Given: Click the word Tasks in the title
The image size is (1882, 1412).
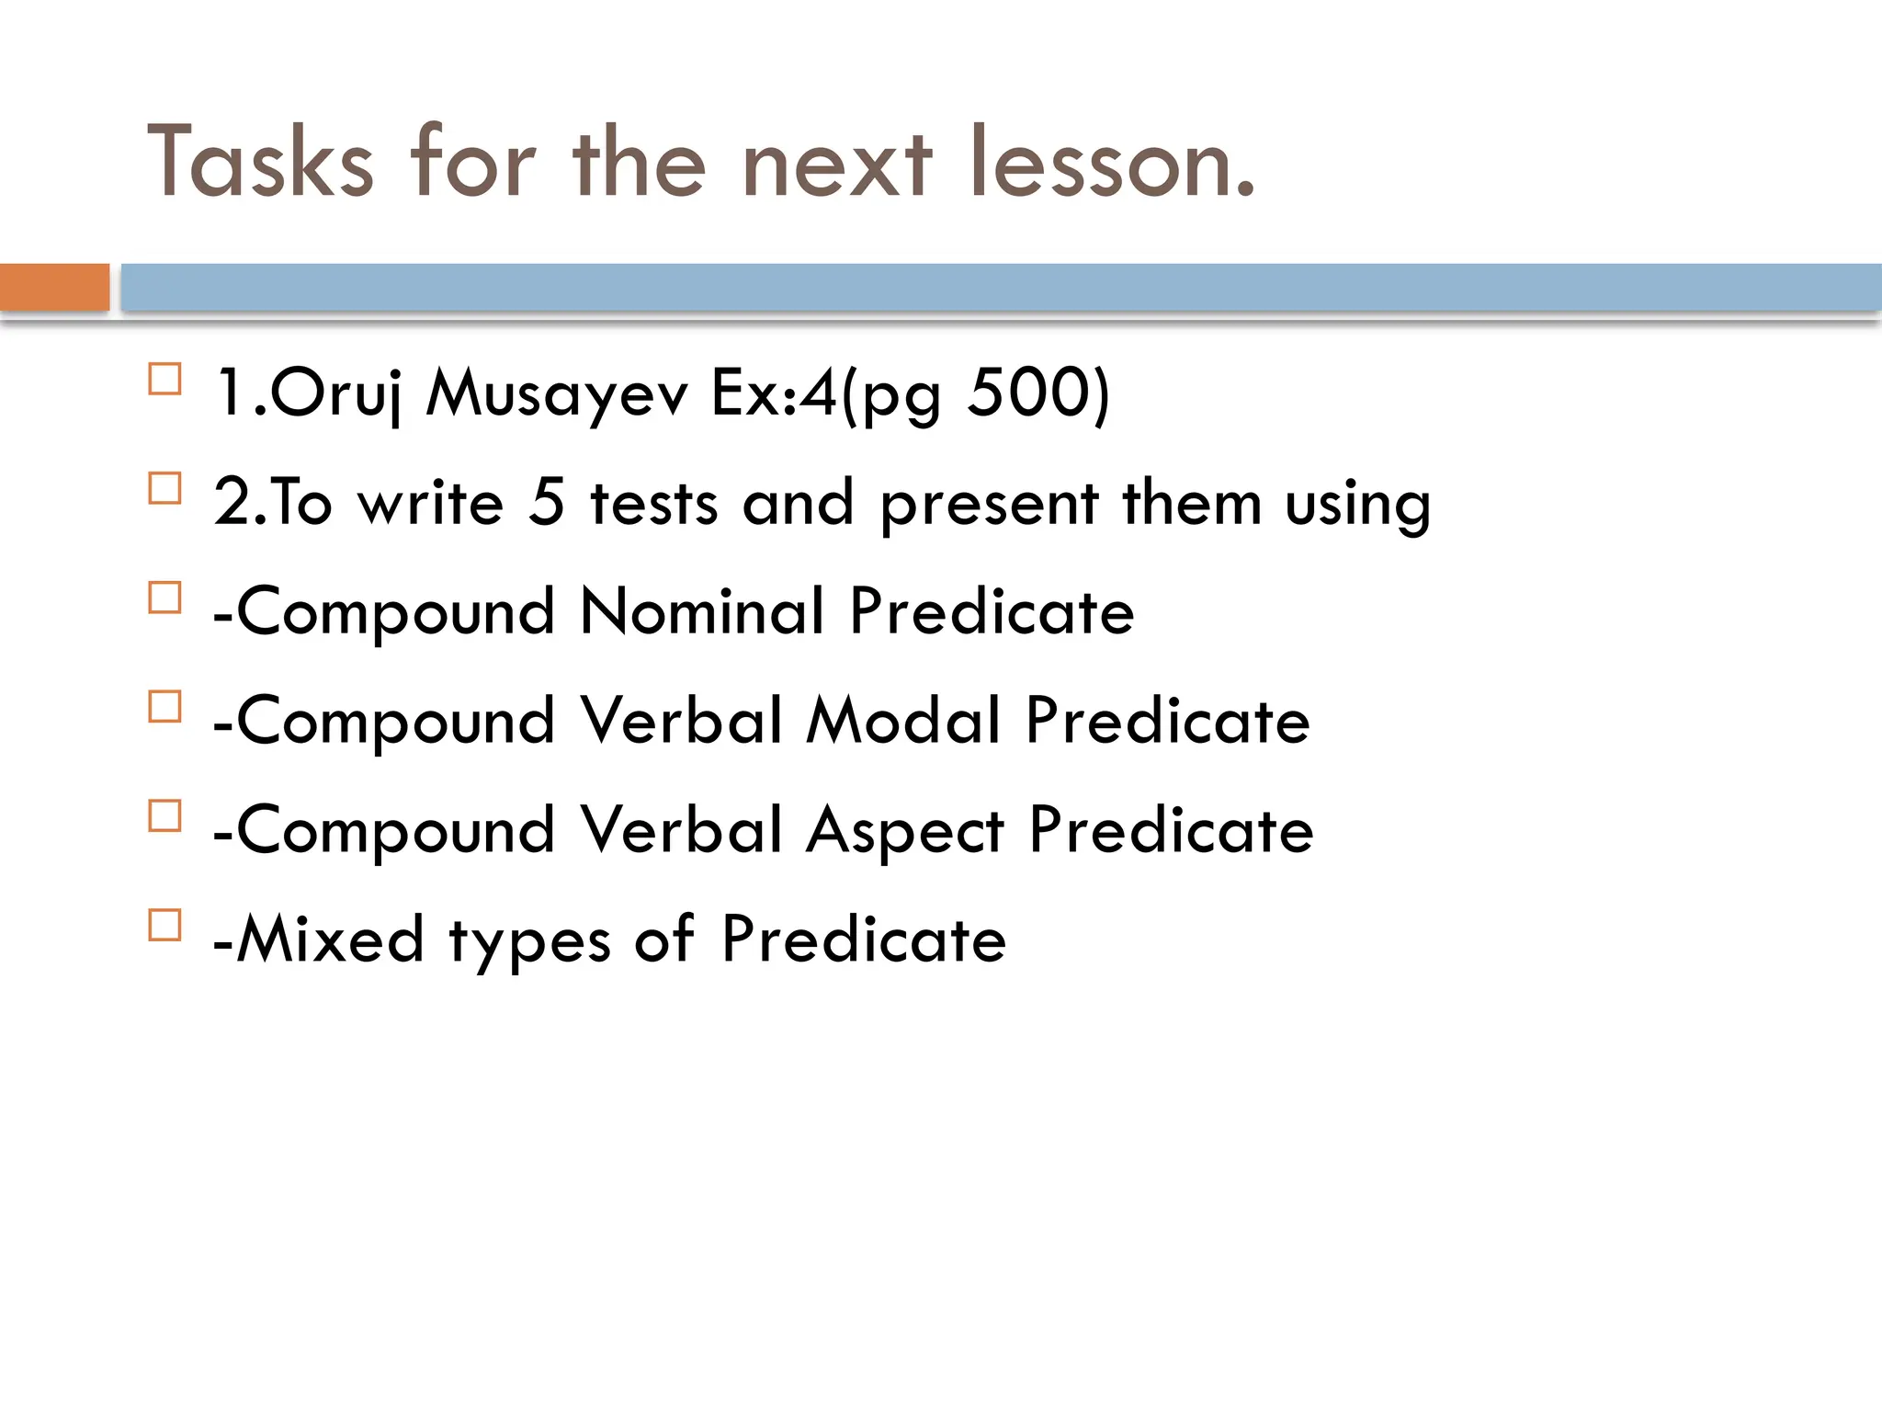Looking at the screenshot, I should (261, 163).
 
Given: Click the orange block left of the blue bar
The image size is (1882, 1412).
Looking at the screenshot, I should (54, 287).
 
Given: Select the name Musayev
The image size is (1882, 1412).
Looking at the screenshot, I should (557, 393).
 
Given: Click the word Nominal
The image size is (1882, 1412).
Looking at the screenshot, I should (702, 611).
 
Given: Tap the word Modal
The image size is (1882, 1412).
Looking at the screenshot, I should (903, 720).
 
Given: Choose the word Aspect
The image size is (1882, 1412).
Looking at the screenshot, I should (905, 831).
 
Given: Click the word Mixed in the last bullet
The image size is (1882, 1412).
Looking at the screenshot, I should (330, 939).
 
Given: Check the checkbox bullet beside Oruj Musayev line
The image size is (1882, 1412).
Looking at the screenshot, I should (164, 380).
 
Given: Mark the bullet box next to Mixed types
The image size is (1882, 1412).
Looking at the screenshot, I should (164, 925).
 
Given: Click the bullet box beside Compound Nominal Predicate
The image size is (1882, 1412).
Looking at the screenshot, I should (164, 598).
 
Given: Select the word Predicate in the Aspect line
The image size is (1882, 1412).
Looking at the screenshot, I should (1171, 829).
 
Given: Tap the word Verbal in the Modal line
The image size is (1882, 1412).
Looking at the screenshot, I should (682, 720).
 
